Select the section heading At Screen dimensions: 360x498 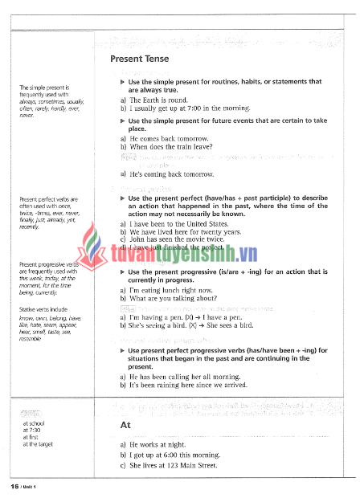(x=125, y=425)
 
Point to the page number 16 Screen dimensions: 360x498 (x=14, y=487)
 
